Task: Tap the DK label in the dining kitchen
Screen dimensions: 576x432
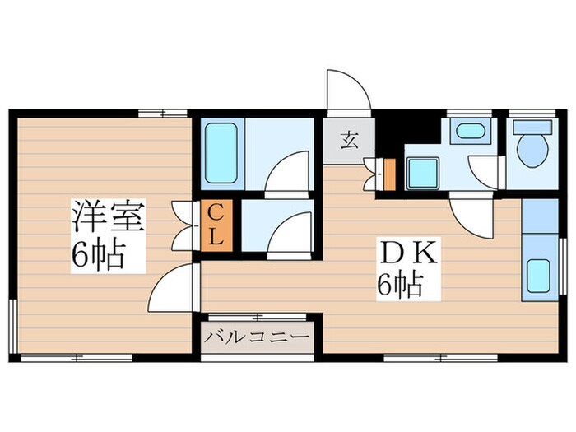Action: tap(409, 253)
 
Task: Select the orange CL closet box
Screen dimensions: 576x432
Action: tap(216, 225)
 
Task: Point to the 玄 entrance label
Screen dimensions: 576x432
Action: tap(349, 141)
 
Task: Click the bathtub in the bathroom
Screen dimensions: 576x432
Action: tap(221, 153)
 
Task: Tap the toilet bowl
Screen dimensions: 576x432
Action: tap(532, 150)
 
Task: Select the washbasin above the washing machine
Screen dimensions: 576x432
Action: tap(471, 131)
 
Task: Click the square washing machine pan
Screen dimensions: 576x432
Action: tap(423, 174)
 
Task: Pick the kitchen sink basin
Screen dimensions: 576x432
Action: tap(538, 276)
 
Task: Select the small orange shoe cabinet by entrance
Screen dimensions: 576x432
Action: tap(389, 174)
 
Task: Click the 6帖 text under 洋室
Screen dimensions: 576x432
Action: tap(99, 255)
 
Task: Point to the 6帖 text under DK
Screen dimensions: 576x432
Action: tap(400, 285)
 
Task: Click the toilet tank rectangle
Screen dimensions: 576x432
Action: tap(532, 127)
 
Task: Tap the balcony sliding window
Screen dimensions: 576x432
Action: tap(257, 316)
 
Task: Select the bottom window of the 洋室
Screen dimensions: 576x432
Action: tap(77, 357)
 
